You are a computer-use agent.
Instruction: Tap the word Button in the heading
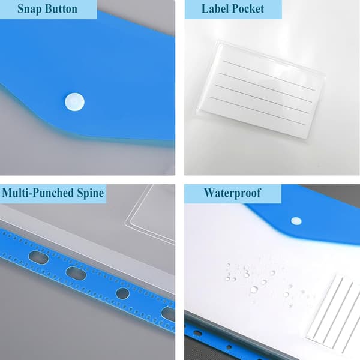[x=61, y=9]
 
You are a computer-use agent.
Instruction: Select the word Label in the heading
[x=215, y=9]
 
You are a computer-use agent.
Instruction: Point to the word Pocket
[x=248, y=9]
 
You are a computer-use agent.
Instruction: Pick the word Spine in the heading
[x=91, y=193]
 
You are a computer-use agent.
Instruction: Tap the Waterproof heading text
[x=232, y=193]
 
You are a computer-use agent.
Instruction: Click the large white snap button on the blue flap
[x=74, y=102]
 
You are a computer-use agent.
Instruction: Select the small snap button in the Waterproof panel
[x=296, y=221]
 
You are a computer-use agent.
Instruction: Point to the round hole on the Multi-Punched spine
[x=122, y=294]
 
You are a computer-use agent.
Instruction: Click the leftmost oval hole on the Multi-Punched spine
[x=38, y=257]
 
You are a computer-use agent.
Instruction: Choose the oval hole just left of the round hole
[x=76, y=274]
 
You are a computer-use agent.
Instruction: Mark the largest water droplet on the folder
[x=254, y=289]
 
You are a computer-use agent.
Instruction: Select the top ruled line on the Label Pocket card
[x=269, y=76]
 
